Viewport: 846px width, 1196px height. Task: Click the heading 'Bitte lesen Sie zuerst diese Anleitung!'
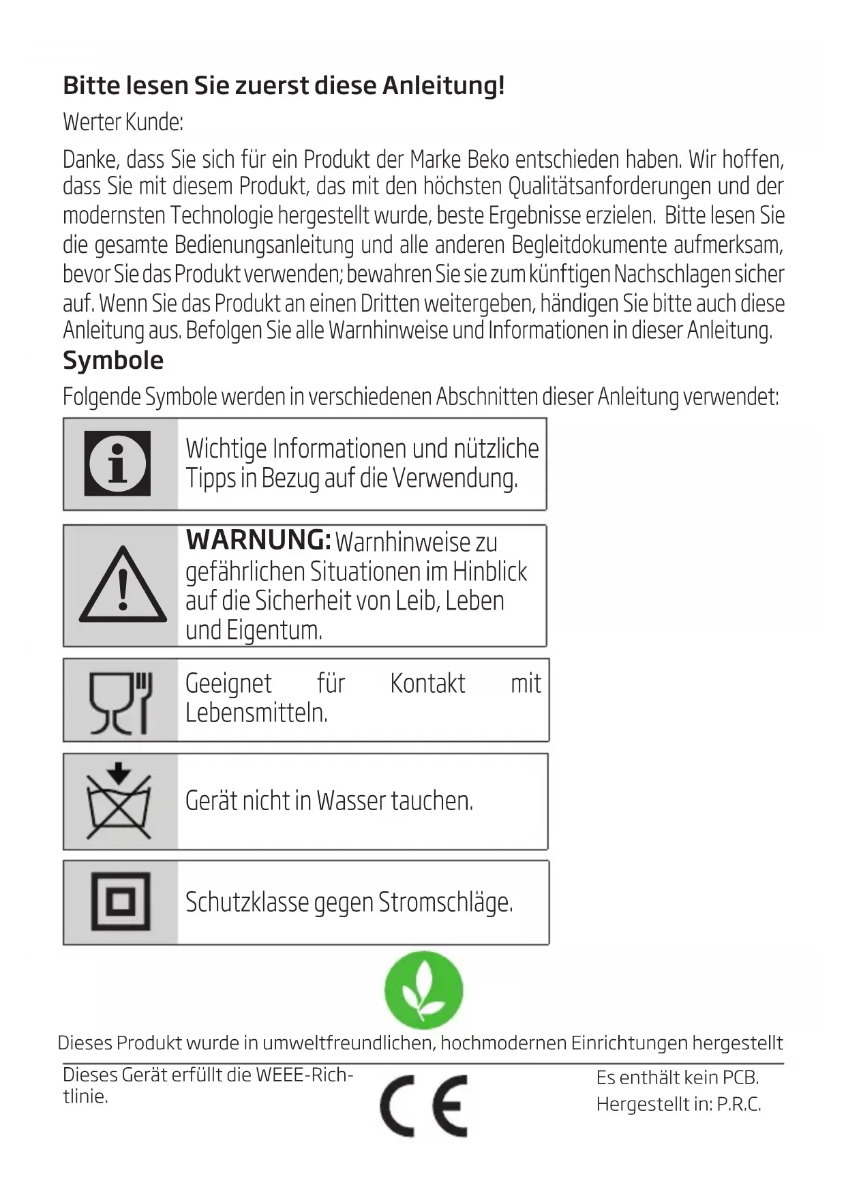point(284,86)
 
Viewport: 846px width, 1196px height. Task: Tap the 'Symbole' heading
point(113,360)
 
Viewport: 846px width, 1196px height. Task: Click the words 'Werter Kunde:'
point(123,122)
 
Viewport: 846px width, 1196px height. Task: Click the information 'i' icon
point(118,464)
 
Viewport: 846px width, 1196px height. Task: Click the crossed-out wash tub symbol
point(119,802)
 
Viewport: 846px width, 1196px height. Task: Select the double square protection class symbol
point(121,902)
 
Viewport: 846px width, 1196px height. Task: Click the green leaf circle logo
point(423,990)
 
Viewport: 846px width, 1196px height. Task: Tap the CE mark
point(424,1106)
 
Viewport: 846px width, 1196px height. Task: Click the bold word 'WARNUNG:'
point(258,540)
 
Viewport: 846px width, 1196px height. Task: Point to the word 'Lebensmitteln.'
point(256,713)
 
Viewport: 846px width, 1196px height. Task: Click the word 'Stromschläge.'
point(445,903)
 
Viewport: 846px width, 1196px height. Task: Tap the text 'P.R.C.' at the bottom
point(738,1105)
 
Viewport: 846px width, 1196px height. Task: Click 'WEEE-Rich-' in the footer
point(304,1075)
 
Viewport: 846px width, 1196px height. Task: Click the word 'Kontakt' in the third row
point(427,684)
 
